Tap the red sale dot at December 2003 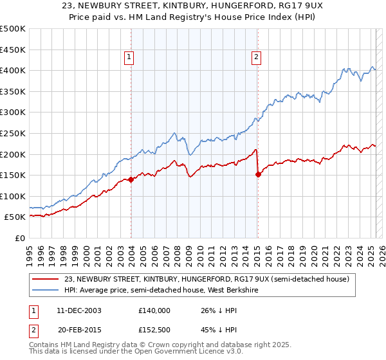[131, 179]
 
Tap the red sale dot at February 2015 [258, 174]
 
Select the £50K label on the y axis [15, 217]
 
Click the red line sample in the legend [46, 279]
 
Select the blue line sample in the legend [46, 290]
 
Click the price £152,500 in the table [154, 332]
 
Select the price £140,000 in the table [154, 310]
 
